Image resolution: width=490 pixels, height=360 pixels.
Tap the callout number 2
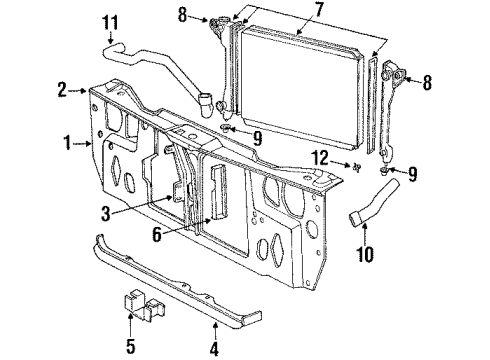(63, 90)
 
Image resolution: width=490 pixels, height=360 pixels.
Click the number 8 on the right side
(429, 84)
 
